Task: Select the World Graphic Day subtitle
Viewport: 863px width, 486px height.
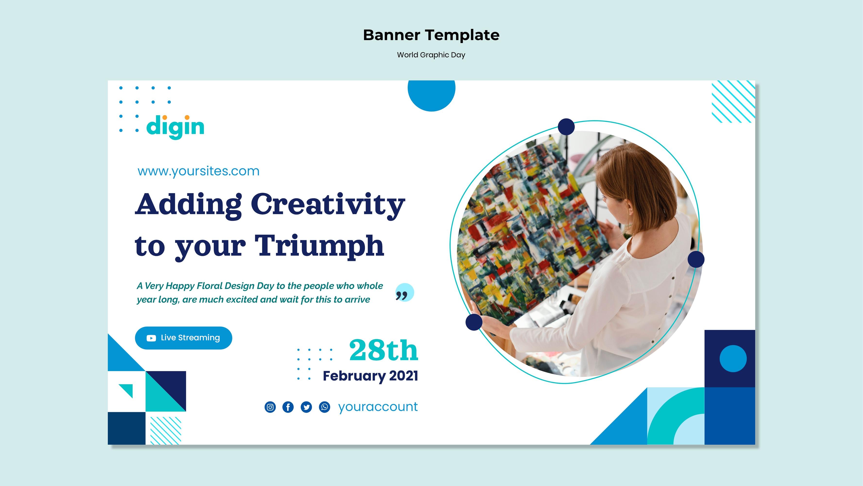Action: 431,55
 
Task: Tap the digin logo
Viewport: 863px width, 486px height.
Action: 175,127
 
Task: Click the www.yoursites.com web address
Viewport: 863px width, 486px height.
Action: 199,171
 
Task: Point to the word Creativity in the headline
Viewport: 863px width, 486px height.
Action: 328,205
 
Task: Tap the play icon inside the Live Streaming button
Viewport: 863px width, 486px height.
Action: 151,338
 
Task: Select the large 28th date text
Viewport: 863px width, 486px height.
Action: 384,350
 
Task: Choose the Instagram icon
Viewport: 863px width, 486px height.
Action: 270,407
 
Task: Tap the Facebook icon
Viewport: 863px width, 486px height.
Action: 288,407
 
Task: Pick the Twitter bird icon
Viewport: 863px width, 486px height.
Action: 306,407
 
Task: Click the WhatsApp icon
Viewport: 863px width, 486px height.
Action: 324,407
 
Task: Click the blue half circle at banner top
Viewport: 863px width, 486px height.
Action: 431,95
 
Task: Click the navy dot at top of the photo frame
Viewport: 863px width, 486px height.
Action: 567,127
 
